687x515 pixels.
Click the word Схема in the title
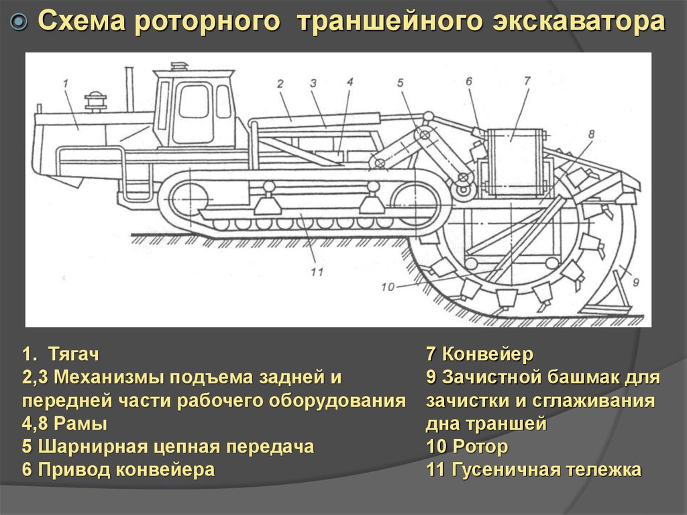point(81,21)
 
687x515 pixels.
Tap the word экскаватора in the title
point(578,21)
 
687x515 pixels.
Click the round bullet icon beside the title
point(18,21)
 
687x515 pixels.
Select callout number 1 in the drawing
point(66,83)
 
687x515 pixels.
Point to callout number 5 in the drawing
point(401,83)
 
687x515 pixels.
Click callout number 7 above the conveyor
point(527,81)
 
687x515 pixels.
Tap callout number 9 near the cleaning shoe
point(636,282)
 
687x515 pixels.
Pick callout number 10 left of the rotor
point(388,287)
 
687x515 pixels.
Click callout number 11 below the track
point(317,272)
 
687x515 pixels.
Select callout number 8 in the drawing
point(591,134)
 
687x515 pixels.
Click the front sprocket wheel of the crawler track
point(191,199)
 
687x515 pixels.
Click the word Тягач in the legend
point(74,354)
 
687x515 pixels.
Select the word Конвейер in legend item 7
point(488,354)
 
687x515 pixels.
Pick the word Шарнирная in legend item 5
point(92,447)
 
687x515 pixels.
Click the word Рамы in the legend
point(81,424)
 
